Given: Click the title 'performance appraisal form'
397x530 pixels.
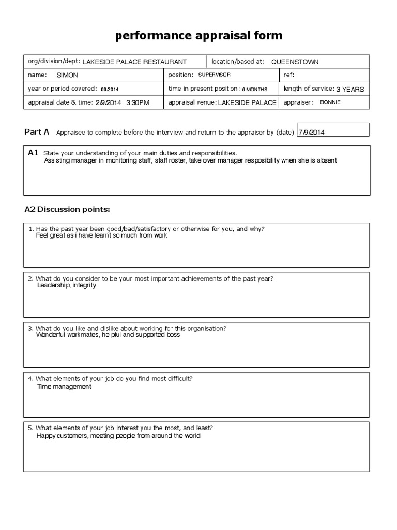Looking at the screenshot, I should tap(198, 35).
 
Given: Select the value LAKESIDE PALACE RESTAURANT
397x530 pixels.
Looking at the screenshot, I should tap(134, 62).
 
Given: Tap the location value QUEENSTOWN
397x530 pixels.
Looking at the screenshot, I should tap(295, 62).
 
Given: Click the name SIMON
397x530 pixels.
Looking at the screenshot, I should tap(66, 75).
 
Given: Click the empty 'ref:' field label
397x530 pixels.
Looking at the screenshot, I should tap(288, 75).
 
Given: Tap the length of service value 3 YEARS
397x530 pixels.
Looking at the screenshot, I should tap(350, 89).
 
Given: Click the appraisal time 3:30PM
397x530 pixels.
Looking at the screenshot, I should tap(138, 103).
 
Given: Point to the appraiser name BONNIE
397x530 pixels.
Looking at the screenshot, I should tap(330, 102).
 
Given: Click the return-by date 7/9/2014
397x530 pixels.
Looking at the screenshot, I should tap(312, 132).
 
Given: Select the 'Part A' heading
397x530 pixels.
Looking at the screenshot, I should tap(37, 132).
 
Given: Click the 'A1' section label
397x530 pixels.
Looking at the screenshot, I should tap(33, 153).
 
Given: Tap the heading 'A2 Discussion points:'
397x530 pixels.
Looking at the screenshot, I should tap(67, 209).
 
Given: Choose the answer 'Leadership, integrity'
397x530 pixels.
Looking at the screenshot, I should tap(67, 286).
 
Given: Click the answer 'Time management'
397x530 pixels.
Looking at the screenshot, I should tap(64, 387).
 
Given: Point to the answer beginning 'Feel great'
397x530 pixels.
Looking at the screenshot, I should tap(102, 235).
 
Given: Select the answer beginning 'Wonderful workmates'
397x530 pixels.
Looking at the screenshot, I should tap(108, 335).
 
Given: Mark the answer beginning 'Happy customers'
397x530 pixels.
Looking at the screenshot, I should tap(118, 436).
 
